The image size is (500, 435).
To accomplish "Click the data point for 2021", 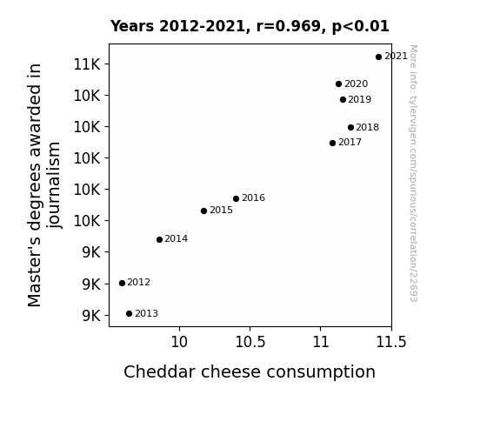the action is click(x=378, y=57).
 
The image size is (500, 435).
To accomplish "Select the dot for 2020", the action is click(x=338, y=84).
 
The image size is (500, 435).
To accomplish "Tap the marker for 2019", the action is click(x=343, y=99).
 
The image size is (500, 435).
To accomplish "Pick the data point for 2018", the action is click(x=350, y=127).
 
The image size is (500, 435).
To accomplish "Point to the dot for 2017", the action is click(x=332, y=143).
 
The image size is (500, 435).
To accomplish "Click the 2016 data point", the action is click(x=236, y=199).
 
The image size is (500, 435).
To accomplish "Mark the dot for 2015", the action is click(x=203, y=211).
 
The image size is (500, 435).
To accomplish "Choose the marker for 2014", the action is click(x=159, y=239).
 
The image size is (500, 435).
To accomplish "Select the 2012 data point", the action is click(x=122, y=283).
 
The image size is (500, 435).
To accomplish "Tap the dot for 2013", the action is click(x=129, y=314).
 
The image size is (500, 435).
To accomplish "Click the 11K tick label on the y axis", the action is click(x=87, y=64).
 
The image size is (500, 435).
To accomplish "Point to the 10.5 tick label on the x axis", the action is click(x=250, y=343).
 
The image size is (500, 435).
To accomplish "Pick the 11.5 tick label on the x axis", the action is click(x=391, y=343).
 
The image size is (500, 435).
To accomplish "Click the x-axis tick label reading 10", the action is click(x=179, y=343).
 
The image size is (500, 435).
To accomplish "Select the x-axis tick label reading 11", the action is click(x=321, y=343).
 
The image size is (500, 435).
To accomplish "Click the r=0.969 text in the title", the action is click(x=289, y=26).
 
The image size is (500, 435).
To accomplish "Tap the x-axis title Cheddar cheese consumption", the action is click(x=250, y=372).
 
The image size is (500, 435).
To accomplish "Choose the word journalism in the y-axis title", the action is click(x=54, y=185).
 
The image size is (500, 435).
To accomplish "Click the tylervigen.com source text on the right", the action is click(x=413, y=173).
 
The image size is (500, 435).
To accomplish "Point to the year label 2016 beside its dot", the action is click(x=254, y=197).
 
